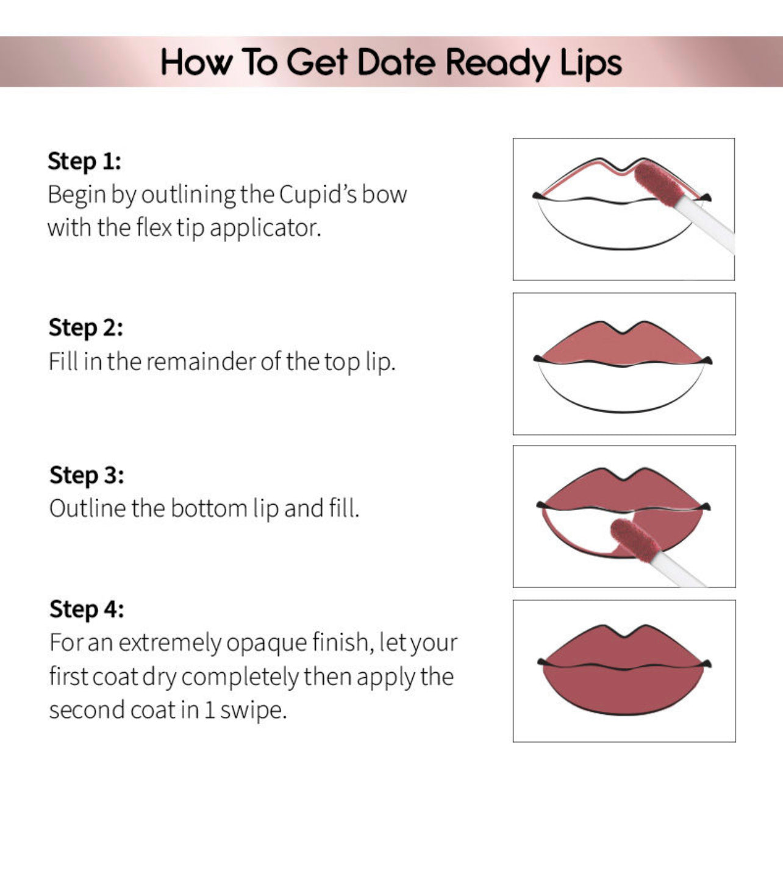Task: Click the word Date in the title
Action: (x=396, y=63)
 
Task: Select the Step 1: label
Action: (x=84, y=162)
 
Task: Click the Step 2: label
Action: (x=85, y=328)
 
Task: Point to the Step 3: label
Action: (x=87, y=475)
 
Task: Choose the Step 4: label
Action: (x=87, y=610)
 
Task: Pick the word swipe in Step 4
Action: (x=252, y=710)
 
